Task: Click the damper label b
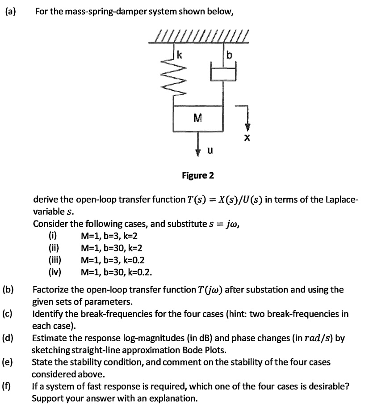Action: click(230, 55)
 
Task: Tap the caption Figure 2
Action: click(197, 175)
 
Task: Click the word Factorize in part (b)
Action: click(51, 289)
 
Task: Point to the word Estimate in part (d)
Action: click(49, 338)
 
